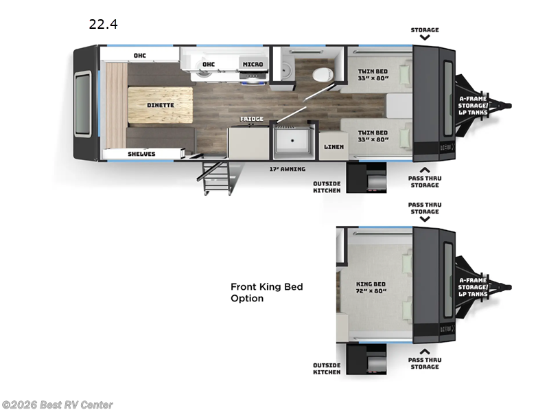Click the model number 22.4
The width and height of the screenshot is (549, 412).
click(103, 25)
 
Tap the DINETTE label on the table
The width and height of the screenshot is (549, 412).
click(161, 105)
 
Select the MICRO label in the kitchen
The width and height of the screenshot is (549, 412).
click(252, 65)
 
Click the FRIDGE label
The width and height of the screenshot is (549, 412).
click(251, 119)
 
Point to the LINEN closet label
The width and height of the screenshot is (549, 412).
click(334, 146)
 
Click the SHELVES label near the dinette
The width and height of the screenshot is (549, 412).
click(141, 154)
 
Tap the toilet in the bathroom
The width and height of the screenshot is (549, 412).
click(322, 73)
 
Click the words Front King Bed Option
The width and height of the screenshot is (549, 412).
click(266, 293)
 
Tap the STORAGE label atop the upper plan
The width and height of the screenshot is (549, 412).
click(425, 30)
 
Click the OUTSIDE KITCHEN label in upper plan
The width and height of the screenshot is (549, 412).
click(327, 187)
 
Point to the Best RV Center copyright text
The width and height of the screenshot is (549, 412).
click(58, 405)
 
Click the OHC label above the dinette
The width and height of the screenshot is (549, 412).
click(140, 55)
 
